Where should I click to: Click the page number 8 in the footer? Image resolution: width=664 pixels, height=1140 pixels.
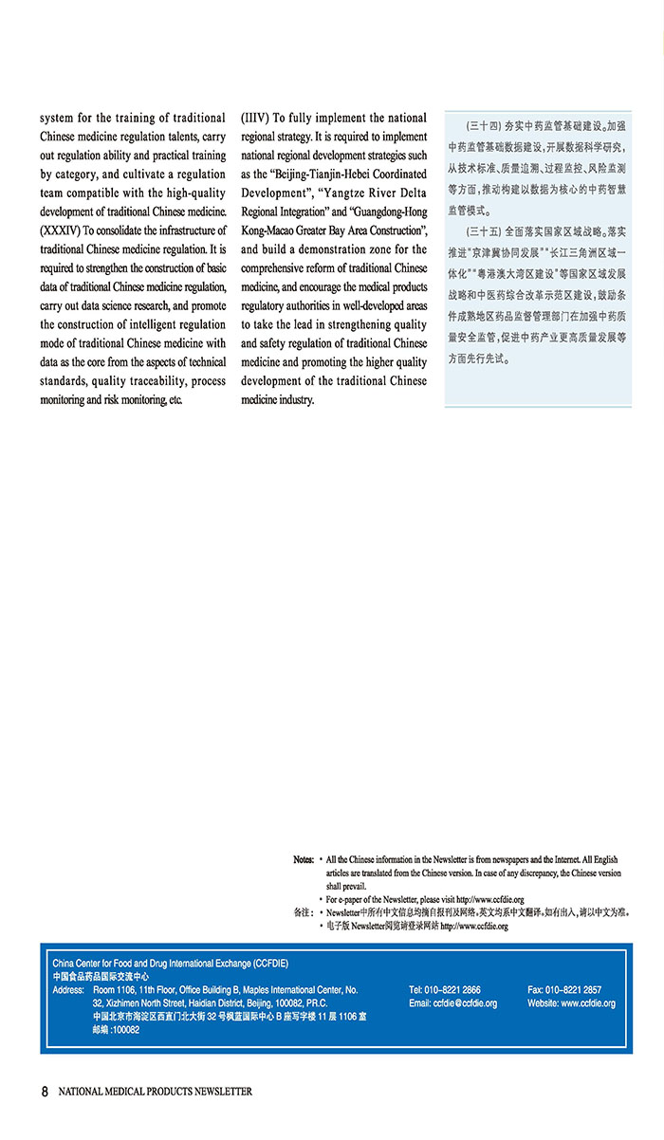[44, 1091]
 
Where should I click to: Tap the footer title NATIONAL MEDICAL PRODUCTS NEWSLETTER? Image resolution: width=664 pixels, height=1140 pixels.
[156, 1092]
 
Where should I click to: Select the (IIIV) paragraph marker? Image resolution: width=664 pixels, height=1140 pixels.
[255, 119]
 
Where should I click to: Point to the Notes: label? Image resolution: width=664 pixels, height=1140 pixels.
[304, 859]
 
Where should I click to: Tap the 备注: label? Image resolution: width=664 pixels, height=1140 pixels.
[304, 912]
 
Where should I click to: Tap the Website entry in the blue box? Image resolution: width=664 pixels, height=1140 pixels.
[571, 1002]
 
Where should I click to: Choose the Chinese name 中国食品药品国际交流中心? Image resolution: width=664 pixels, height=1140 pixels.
[101, 976]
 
